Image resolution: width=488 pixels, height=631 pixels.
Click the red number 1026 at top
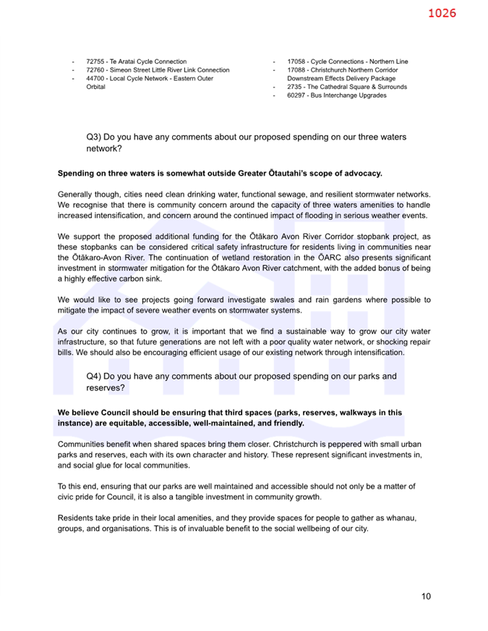pos(441,13)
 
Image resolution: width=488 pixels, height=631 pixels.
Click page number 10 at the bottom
pos(426,596)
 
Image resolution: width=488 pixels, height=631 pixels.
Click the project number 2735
pos(294,87)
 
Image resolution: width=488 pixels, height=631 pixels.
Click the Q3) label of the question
pos(93,137)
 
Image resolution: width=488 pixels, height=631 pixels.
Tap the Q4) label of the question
pos(93,377)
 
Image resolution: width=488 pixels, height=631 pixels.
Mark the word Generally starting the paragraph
pos(75,194)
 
